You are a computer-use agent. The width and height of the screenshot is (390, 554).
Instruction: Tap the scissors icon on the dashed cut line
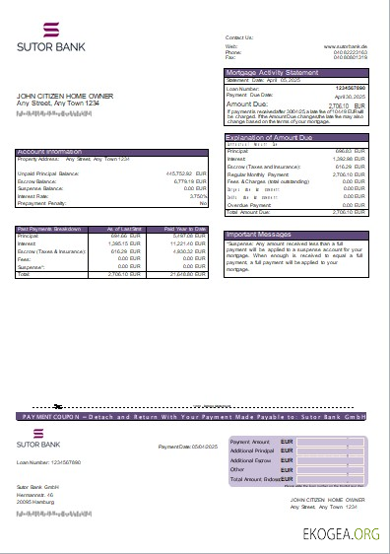(x=58, y=406)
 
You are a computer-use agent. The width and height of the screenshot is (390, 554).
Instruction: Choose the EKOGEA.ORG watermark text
(x=342, y=533)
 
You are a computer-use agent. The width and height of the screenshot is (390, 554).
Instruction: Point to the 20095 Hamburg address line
(x=35, y=502)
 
